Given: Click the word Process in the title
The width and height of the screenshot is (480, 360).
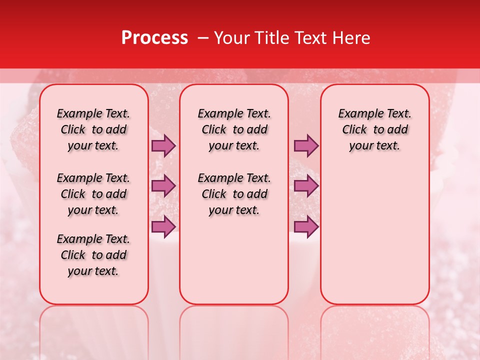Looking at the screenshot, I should tap(154, 37).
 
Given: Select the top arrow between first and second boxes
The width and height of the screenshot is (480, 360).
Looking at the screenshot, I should tap(163, 146).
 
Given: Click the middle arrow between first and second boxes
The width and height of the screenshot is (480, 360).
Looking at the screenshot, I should tap(163, 186).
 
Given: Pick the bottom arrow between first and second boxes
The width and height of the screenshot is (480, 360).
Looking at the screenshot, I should tap(163, 226).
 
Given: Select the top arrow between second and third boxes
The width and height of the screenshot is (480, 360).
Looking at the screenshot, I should tap(306, 146).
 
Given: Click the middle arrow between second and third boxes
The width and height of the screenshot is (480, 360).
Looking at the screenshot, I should tap(306, 186).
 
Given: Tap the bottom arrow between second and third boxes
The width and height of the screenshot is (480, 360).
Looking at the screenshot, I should tap(306, 226).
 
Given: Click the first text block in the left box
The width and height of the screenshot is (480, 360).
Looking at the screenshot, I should tap(93, 129).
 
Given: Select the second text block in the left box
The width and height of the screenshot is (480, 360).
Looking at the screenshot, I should tap(93, 194).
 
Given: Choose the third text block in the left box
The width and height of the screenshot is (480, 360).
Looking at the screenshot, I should tap(93, 255).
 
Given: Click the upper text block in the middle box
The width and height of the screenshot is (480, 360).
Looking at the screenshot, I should tap(234, 129).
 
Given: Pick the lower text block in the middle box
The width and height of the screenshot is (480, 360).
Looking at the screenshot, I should tap(234, 194).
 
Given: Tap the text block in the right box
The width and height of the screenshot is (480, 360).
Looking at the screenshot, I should tap(374, 129).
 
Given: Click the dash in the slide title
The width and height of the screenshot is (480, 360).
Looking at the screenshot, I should tap(203, 37).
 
